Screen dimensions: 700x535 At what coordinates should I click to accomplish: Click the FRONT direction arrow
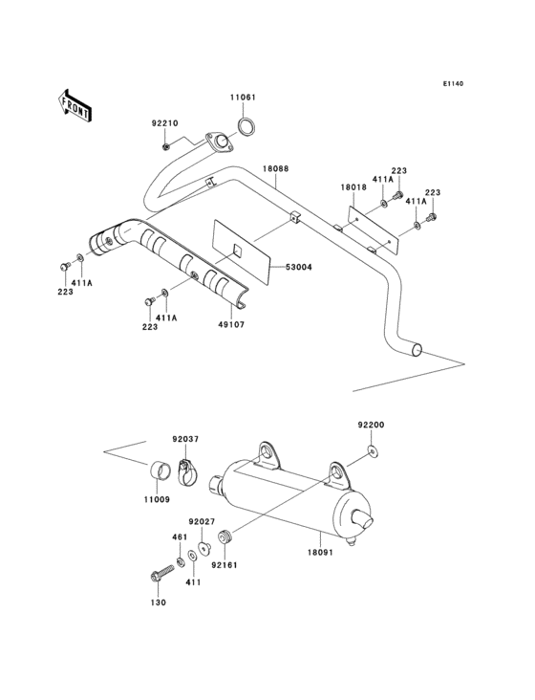75,104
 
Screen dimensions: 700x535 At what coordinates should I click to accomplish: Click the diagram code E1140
452,84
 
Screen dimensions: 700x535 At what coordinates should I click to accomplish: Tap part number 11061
242,98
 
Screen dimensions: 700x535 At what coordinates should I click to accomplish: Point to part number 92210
165,122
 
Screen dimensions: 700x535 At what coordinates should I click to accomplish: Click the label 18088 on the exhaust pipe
275,168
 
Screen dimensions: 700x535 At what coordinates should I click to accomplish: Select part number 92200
371,424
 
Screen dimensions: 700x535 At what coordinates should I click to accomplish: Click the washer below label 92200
371,450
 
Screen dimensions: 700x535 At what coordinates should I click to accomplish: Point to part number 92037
185,440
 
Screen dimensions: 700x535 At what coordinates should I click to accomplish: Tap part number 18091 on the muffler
319,553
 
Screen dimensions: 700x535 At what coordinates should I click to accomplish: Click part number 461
178,537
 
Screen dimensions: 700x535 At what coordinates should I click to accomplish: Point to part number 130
158,602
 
